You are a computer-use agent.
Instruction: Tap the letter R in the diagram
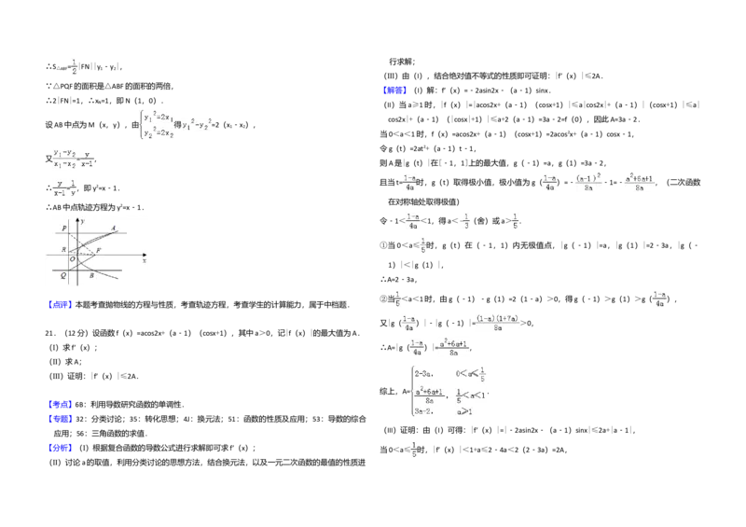pyautogui.click(x=63, y=250)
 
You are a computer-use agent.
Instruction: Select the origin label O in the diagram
pyautogui.click(x=84, y=258)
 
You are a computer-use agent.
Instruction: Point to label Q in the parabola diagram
pyautogui.click(x=63, y=276)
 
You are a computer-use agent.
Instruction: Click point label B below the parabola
pyautogui.click(x=91, y=276)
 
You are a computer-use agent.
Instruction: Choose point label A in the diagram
pyautogui.click(x=113, y=228)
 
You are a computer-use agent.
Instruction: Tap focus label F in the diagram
pyautogui.click(x=99, y=252)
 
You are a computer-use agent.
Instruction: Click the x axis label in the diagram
pyautogui.click(x=145, y=261)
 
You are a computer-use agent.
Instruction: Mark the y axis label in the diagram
pyautogui.click(x=82, y=221)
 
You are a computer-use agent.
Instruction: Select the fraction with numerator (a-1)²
pyautogui.click(x=588, y=182)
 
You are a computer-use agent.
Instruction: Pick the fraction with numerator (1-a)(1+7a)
pyautogui.click(x=496, y=323)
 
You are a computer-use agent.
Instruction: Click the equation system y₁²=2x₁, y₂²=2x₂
pyautogui.click(x=156, y=125)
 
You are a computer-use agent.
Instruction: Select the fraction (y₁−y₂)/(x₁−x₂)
pyautogui.click(x=64, y=159)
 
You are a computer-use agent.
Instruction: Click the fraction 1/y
pyautogui.click(x=72, y=188)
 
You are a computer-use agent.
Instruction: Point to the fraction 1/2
pyautogui.click(x=74, y=69)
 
